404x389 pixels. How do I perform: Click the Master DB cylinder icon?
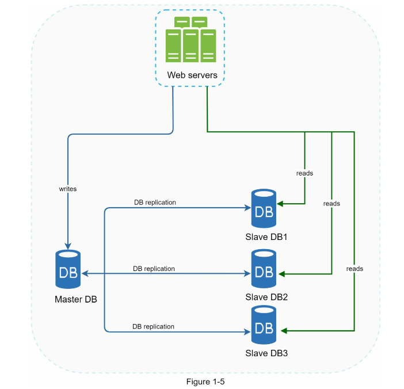tap(67, 269)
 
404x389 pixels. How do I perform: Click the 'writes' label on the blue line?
tap(68, 188)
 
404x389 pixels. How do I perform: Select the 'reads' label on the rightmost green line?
tap(355, 268)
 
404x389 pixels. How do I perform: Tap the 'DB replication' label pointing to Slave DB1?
tap(155, 203)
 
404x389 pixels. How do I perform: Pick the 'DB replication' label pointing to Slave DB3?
tap(153, 326)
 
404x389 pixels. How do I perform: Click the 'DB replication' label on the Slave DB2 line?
tap(154, 268)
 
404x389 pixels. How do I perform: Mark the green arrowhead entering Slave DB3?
tap(283, 331)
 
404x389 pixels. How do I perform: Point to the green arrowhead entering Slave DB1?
tap(283, 203)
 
